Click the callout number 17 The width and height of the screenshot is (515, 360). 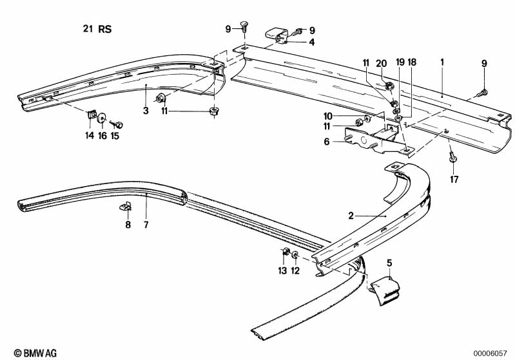(x=454, y=180)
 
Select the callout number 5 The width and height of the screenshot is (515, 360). (x=389, y=262)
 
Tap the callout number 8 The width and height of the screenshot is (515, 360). (x=128, y=225)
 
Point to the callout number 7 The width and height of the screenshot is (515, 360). (x=146, y=225)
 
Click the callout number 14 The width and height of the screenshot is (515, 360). (x=89, y=136)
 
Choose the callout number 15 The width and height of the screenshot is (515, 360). (x=115, y=136)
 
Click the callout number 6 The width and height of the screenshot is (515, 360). (x=327, y=142)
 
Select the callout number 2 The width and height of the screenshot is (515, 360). (x=351, y=216)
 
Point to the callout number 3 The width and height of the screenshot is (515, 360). (x=146, y=111)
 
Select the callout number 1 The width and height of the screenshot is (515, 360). (x=442, y=62)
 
